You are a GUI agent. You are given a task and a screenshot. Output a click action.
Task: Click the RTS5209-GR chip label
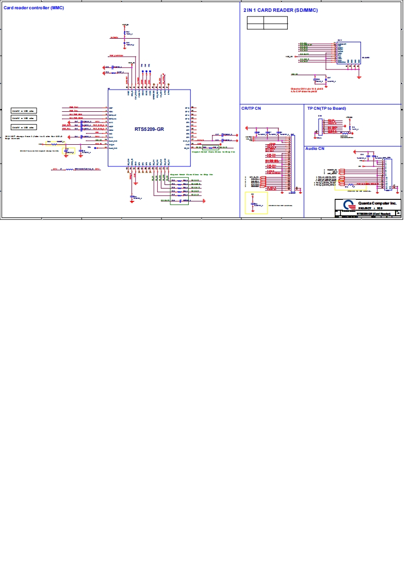[x=149, y=129]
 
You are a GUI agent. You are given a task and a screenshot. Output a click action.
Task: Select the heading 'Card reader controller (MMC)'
[x=34, y=7]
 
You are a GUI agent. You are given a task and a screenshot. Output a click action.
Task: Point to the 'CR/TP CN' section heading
[x=251, y=108]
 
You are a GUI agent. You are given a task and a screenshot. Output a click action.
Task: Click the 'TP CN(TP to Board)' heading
[x=326, y=108]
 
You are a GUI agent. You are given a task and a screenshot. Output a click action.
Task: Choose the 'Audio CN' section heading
[x=315, y=148]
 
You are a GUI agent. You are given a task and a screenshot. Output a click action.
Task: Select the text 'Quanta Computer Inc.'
[x=377, y=203]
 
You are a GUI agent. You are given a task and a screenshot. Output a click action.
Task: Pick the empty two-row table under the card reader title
[x=267, y=23]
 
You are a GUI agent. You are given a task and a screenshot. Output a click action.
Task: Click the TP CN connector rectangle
[x=320, y=127]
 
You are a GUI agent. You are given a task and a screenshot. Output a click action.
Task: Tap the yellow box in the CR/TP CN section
[x=253, y=203]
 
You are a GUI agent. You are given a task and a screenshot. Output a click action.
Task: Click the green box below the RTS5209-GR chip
[x=179, y=191]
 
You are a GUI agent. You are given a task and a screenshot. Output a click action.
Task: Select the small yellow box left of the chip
[x=68, y=151]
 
